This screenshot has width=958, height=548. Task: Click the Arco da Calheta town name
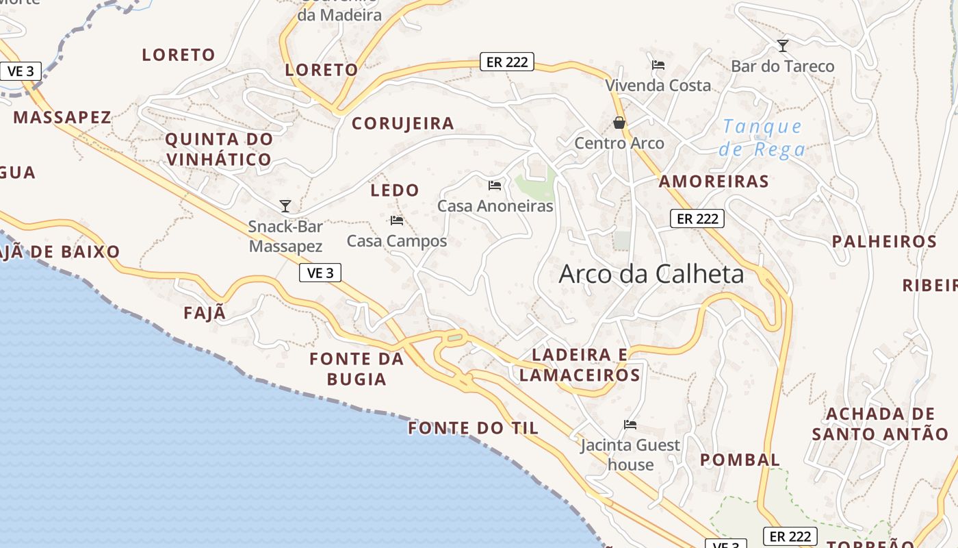(651, 274)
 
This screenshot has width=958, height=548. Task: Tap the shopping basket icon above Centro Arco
(619, 123)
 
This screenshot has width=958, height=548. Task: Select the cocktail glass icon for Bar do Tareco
(783, 46)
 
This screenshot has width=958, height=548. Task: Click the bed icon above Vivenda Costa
(658, 65)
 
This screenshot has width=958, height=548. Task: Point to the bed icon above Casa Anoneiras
(495, 185)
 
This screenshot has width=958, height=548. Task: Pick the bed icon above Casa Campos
(397, 221)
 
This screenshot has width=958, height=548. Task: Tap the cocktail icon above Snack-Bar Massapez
(285, 206)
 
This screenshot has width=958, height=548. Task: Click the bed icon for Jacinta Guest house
(630, 425)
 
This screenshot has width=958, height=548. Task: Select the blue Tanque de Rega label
(762, 138)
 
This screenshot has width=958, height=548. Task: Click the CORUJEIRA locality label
(402, 124)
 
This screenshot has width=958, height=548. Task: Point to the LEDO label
(395, 190)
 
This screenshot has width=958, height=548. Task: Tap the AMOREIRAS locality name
(714, 182)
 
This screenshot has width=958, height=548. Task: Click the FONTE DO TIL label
(474, 429)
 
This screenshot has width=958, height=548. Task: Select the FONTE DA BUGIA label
(357, 369)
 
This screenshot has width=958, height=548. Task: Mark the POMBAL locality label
(740, 460)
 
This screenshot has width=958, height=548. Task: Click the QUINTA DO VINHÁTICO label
(219, 149)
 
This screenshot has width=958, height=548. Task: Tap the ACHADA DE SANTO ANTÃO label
(880, 424)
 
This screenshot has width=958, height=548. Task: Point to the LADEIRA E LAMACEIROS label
(580, 364)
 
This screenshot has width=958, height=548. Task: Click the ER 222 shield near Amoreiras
(697, 219)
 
